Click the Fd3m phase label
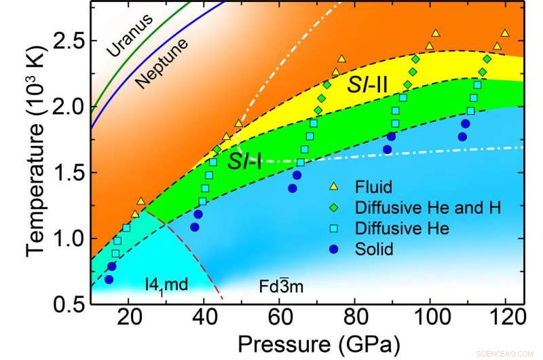280,286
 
